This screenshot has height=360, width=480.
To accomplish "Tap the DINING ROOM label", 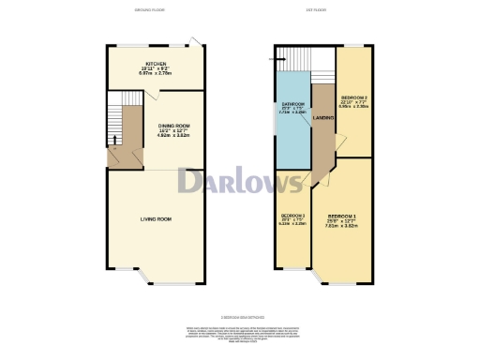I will (x=173, y=125).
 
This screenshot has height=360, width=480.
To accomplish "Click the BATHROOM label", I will (x=292, y=106).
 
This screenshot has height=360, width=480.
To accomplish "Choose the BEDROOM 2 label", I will (x=353, y=97).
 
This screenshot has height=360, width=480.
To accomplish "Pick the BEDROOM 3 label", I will (x=292, y=215).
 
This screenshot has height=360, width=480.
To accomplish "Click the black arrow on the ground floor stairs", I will (x=114, y=141).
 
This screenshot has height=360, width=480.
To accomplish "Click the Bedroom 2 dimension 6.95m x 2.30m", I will (x=353, y=107).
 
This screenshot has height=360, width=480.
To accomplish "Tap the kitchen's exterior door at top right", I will (x=193, y=41).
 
